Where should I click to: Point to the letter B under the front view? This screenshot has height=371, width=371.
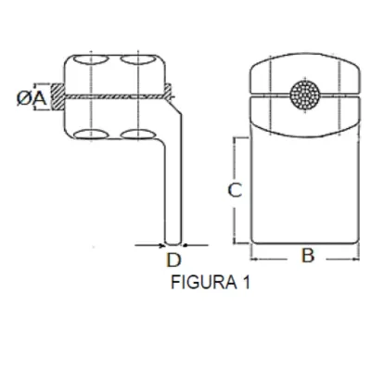[307, 255]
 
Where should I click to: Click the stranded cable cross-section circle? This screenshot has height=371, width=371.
[303, 93]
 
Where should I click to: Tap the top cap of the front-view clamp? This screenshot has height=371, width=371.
[304, 70]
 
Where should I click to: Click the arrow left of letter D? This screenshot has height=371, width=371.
[157, 245]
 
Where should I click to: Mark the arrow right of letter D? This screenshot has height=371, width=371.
[188, 245]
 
